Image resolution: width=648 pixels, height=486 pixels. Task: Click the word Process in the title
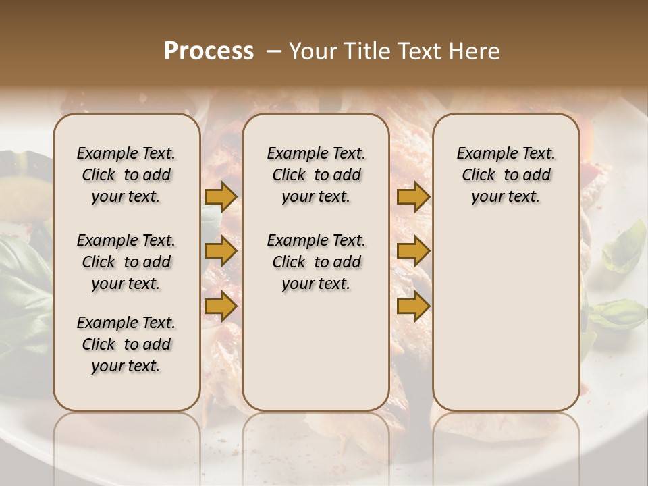(209, 51)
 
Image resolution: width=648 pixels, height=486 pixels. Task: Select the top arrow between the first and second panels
(221, 196)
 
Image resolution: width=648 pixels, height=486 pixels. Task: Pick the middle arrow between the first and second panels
(221, 251)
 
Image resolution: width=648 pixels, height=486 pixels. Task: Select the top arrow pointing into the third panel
(413, 196)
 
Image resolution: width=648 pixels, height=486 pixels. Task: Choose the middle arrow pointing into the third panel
(413, 251)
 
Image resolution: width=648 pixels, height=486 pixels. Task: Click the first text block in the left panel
(126, 175)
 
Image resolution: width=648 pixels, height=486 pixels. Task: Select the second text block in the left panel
(126, 262)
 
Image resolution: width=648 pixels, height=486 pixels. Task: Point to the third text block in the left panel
(126, 344)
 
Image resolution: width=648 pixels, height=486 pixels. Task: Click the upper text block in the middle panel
(316, 175)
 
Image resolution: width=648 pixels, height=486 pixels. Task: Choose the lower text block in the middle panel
(316, 262)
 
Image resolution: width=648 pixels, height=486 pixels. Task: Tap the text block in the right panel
(506, 175)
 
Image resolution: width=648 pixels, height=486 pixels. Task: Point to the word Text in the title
(409, 51)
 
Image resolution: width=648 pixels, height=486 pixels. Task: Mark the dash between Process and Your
(273, 51)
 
